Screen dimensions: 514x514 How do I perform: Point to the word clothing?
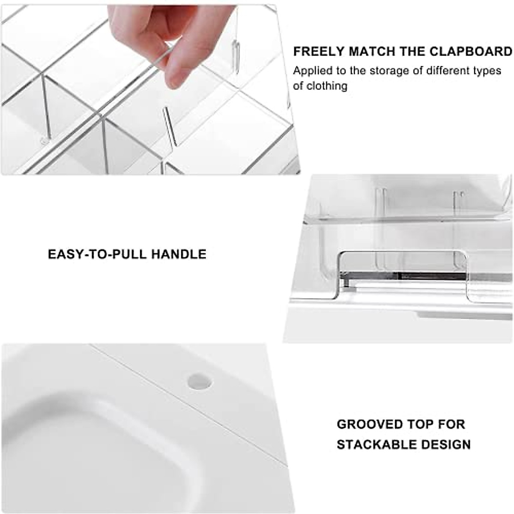[326, 86]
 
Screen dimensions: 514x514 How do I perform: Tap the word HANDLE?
[179, 254]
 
